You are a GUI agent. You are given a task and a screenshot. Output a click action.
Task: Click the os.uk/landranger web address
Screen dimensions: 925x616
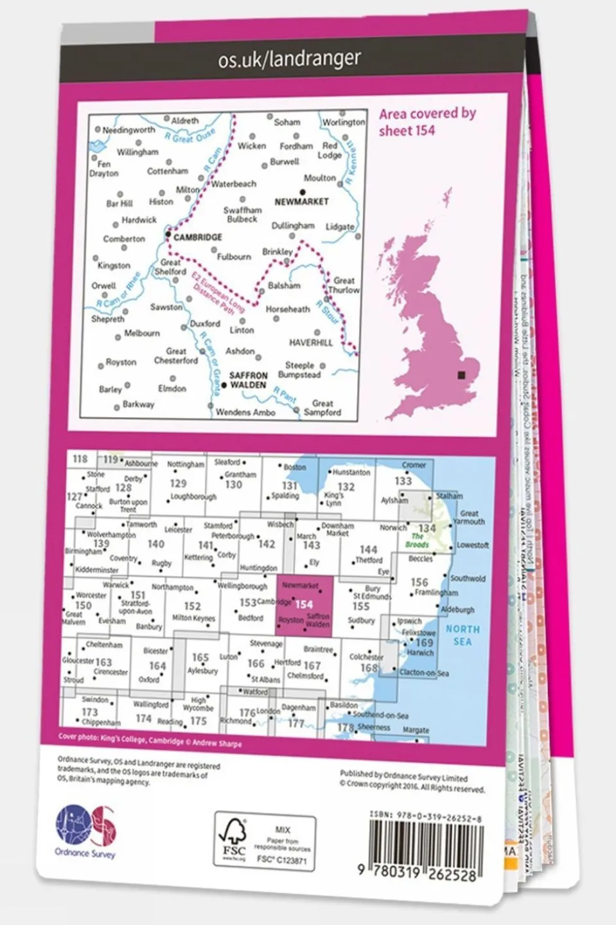coord(289,59)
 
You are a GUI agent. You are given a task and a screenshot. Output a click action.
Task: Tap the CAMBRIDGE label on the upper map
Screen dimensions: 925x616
coord(197,237)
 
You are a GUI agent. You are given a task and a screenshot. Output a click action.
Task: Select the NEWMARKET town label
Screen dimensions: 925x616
coord(301,202)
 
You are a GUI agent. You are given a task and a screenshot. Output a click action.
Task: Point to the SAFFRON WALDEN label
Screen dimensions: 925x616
coord(248,380)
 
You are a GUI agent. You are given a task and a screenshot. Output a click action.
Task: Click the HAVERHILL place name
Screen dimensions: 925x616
coord(311,343)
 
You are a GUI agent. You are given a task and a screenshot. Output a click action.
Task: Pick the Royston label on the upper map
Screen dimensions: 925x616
coord(121,362)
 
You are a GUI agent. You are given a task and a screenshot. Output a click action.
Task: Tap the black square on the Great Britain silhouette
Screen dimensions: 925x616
coord(461,375)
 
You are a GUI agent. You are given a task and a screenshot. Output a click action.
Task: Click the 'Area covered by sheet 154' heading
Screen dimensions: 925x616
coord(427,121)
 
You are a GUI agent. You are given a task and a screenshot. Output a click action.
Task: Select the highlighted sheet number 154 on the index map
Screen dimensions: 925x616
coord(304,604)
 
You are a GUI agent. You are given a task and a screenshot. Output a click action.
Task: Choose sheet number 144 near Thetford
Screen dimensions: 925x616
coord(368,550)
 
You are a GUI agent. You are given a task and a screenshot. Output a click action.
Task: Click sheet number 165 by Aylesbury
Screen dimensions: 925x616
coord(200,658)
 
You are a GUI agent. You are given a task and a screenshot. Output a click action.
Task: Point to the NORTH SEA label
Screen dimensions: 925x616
coord(462,635)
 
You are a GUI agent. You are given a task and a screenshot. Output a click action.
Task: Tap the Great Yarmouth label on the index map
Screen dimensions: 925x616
coord(469,517)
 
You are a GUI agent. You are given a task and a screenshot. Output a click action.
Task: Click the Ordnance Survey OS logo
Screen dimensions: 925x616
coord(85,829)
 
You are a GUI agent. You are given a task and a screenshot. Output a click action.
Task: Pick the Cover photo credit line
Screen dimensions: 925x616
coord(150,740)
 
